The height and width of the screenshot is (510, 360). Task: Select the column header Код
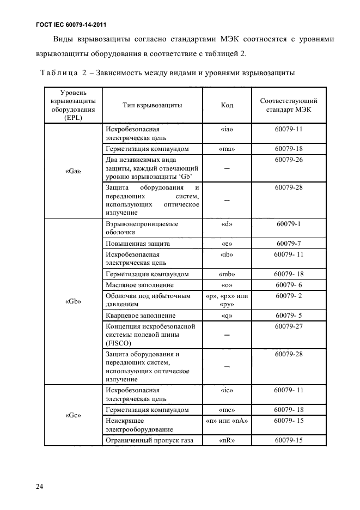[227, 105]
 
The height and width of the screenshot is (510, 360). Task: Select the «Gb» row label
[73, 301]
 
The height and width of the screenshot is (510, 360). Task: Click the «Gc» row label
[73, 415]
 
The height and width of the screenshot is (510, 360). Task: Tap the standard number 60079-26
[289, 159]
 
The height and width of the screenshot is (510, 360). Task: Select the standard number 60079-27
[289, 326]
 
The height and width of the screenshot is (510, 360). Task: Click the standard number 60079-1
[289, 223]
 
